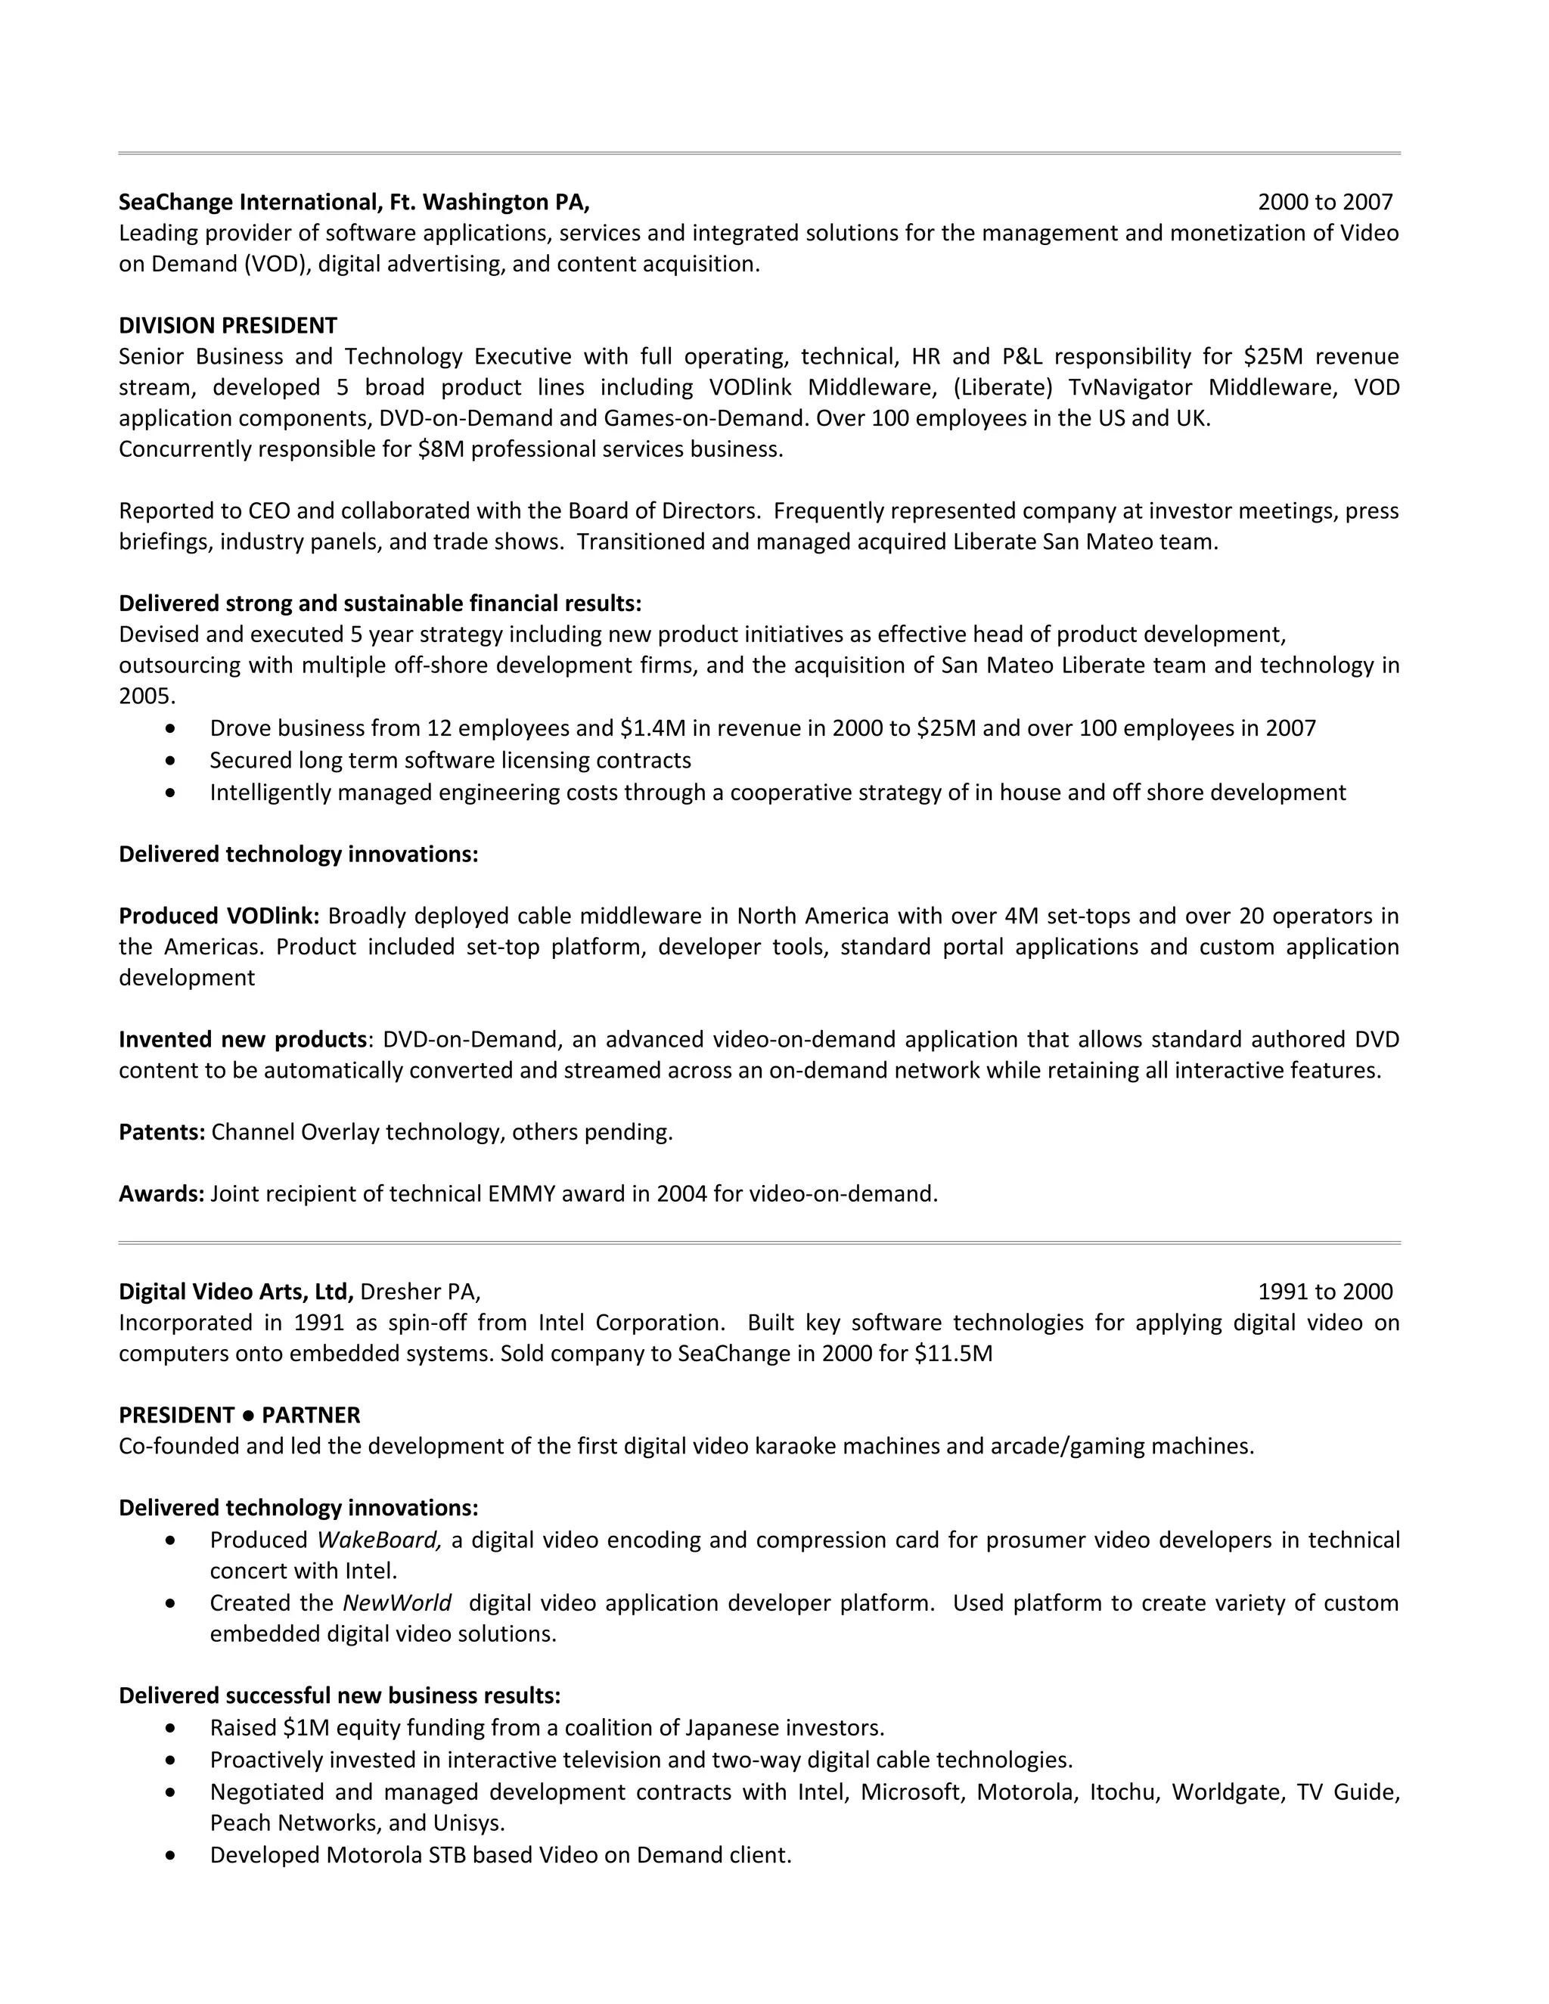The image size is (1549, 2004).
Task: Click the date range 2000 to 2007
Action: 1324,202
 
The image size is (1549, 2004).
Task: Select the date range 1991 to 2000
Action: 1324,1292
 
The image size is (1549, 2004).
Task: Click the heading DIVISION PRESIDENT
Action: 228,326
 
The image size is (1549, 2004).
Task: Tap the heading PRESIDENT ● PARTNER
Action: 240,1415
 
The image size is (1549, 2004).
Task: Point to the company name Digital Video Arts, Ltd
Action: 236,1292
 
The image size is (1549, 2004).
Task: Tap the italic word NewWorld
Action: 396,1603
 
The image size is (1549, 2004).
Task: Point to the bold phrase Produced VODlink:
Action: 219,916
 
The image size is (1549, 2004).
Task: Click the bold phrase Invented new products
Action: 242,1040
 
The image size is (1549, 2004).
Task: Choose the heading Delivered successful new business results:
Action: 340,1695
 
